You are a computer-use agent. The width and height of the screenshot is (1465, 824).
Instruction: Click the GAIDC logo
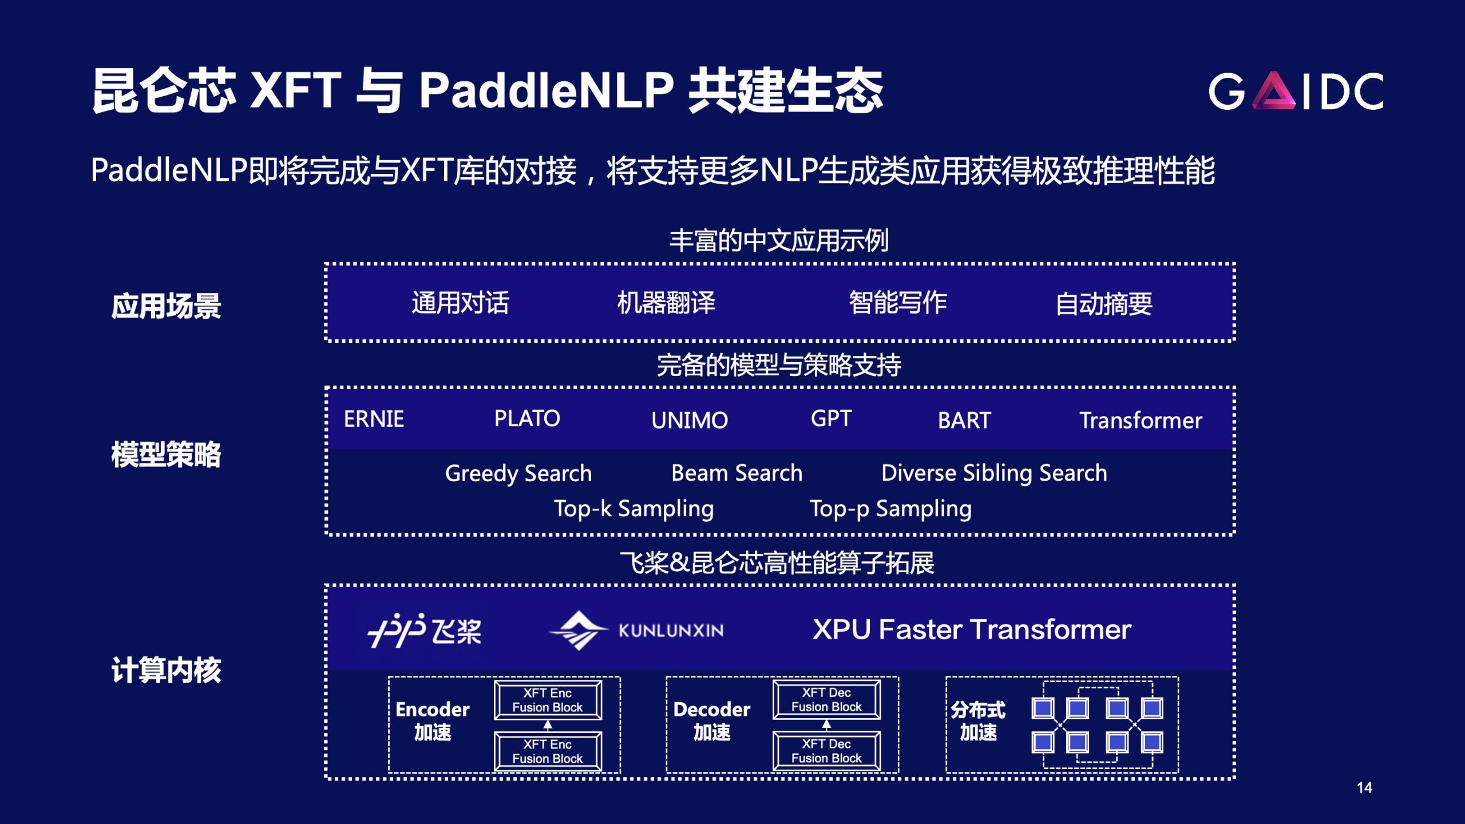pos(1296,90)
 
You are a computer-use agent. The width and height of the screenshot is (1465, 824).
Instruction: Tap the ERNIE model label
pos(374,419)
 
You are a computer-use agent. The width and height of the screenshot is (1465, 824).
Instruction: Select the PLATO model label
pos(527,418)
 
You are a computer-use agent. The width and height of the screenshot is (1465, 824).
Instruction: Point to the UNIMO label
pos(690,421)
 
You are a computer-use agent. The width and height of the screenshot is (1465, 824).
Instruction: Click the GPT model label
pos(831,418)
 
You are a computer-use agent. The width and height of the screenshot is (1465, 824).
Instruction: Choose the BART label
pos(964,421)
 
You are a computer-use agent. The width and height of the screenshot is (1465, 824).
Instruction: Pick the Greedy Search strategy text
pos(518,474)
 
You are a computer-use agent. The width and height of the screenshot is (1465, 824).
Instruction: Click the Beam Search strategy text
pos(737,473)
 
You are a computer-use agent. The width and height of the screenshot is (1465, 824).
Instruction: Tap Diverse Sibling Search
pos(994,473)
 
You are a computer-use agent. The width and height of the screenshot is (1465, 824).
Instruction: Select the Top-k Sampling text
pos(634,509)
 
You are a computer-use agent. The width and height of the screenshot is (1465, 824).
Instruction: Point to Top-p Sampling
pos(890,509)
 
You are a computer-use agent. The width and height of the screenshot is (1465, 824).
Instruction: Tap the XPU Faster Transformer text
pos(972,629)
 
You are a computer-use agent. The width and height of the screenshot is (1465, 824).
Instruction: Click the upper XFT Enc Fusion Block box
pos(548,700)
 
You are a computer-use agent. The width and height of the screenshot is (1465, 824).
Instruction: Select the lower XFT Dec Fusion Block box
pos(826,751)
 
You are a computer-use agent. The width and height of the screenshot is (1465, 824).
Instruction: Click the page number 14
pos(1364,788)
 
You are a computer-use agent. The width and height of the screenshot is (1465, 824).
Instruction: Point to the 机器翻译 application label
pos(666,303)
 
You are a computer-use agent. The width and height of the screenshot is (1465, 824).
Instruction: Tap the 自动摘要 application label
pos(1104,304)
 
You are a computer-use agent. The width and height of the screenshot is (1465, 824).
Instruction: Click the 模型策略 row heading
pos(166,455)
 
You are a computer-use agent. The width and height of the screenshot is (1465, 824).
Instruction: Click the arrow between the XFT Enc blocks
pos(548,726)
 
